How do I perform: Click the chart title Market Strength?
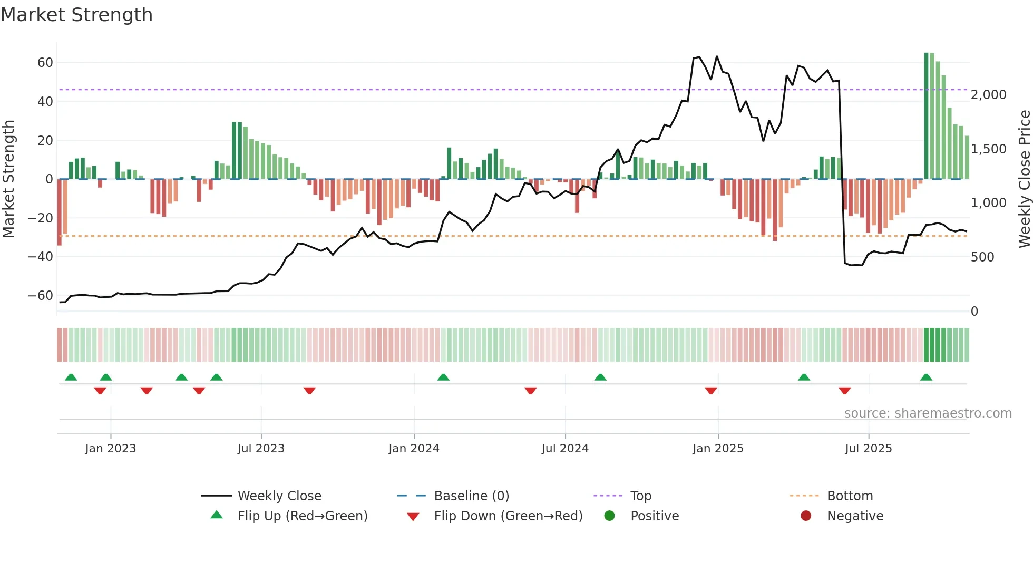(x=76, y=15)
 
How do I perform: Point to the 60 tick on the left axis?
(x=45, y=63)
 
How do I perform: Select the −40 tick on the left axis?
(x=41, y=257)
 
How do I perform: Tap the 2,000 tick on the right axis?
(x=988, y=95)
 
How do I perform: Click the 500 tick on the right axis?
(x=982, y=257)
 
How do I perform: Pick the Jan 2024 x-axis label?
(x=414, y=449)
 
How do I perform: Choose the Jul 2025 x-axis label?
(x=868, y=449)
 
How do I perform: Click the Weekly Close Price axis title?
(x=1024, y=179)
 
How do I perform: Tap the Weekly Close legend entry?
(x=279, y=496)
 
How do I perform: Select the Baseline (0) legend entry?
(x=471, y=496)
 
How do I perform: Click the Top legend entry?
(x=640, y=496)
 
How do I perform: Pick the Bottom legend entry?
(x=850, y=496)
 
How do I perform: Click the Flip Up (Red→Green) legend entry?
(x=302, y=516)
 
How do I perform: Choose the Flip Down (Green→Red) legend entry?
(x=508, y=516)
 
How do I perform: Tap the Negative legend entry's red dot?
(x=806, y=516)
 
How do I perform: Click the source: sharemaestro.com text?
(x=928, y=413)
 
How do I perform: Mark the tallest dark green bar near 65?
(x=926, y=116)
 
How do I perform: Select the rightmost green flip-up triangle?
(x=926, y=377)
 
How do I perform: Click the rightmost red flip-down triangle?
(x=844, y=391)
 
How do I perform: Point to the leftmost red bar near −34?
(x=60, y=212)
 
